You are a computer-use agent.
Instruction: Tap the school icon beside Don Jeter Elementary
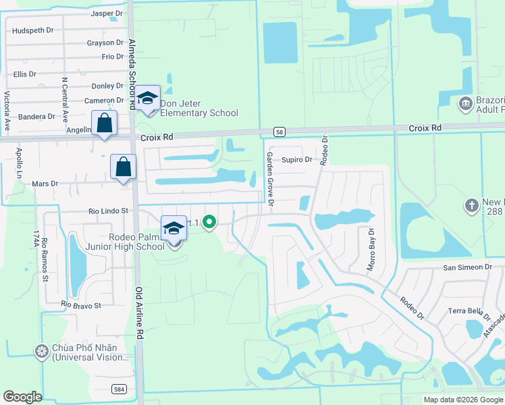tap(147, 99)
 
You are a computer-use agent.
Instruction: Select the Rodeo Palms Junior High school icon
tap(174, 229)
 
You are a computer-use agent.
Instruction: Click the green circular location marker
tap(209, 221)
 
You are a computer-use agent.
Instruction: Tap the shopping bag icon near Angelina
tap(104, 124)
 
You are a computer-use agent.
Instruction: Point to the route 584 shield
tap(119, 388)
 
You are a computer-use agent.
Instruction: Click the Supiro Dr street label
tap(297, 160)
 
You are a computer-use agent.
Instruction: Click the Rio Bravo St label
tap(80, 305)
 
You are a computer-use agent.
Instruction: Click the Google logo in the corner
tap(23, 397)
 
